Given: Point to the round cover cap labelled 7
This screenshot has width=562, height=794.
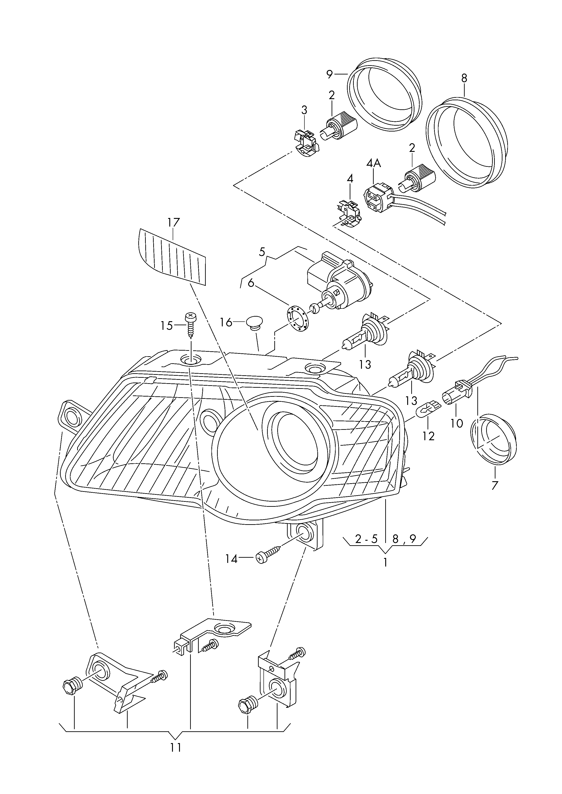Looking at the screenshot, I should coord(494,438).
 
